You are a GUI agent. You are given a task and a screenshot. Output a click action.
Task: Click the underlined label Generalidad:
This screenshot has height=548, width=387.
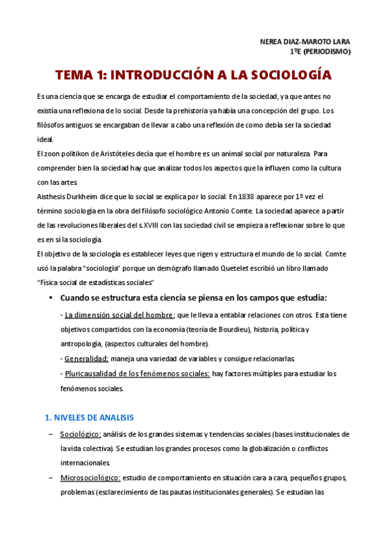[87, 358]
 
